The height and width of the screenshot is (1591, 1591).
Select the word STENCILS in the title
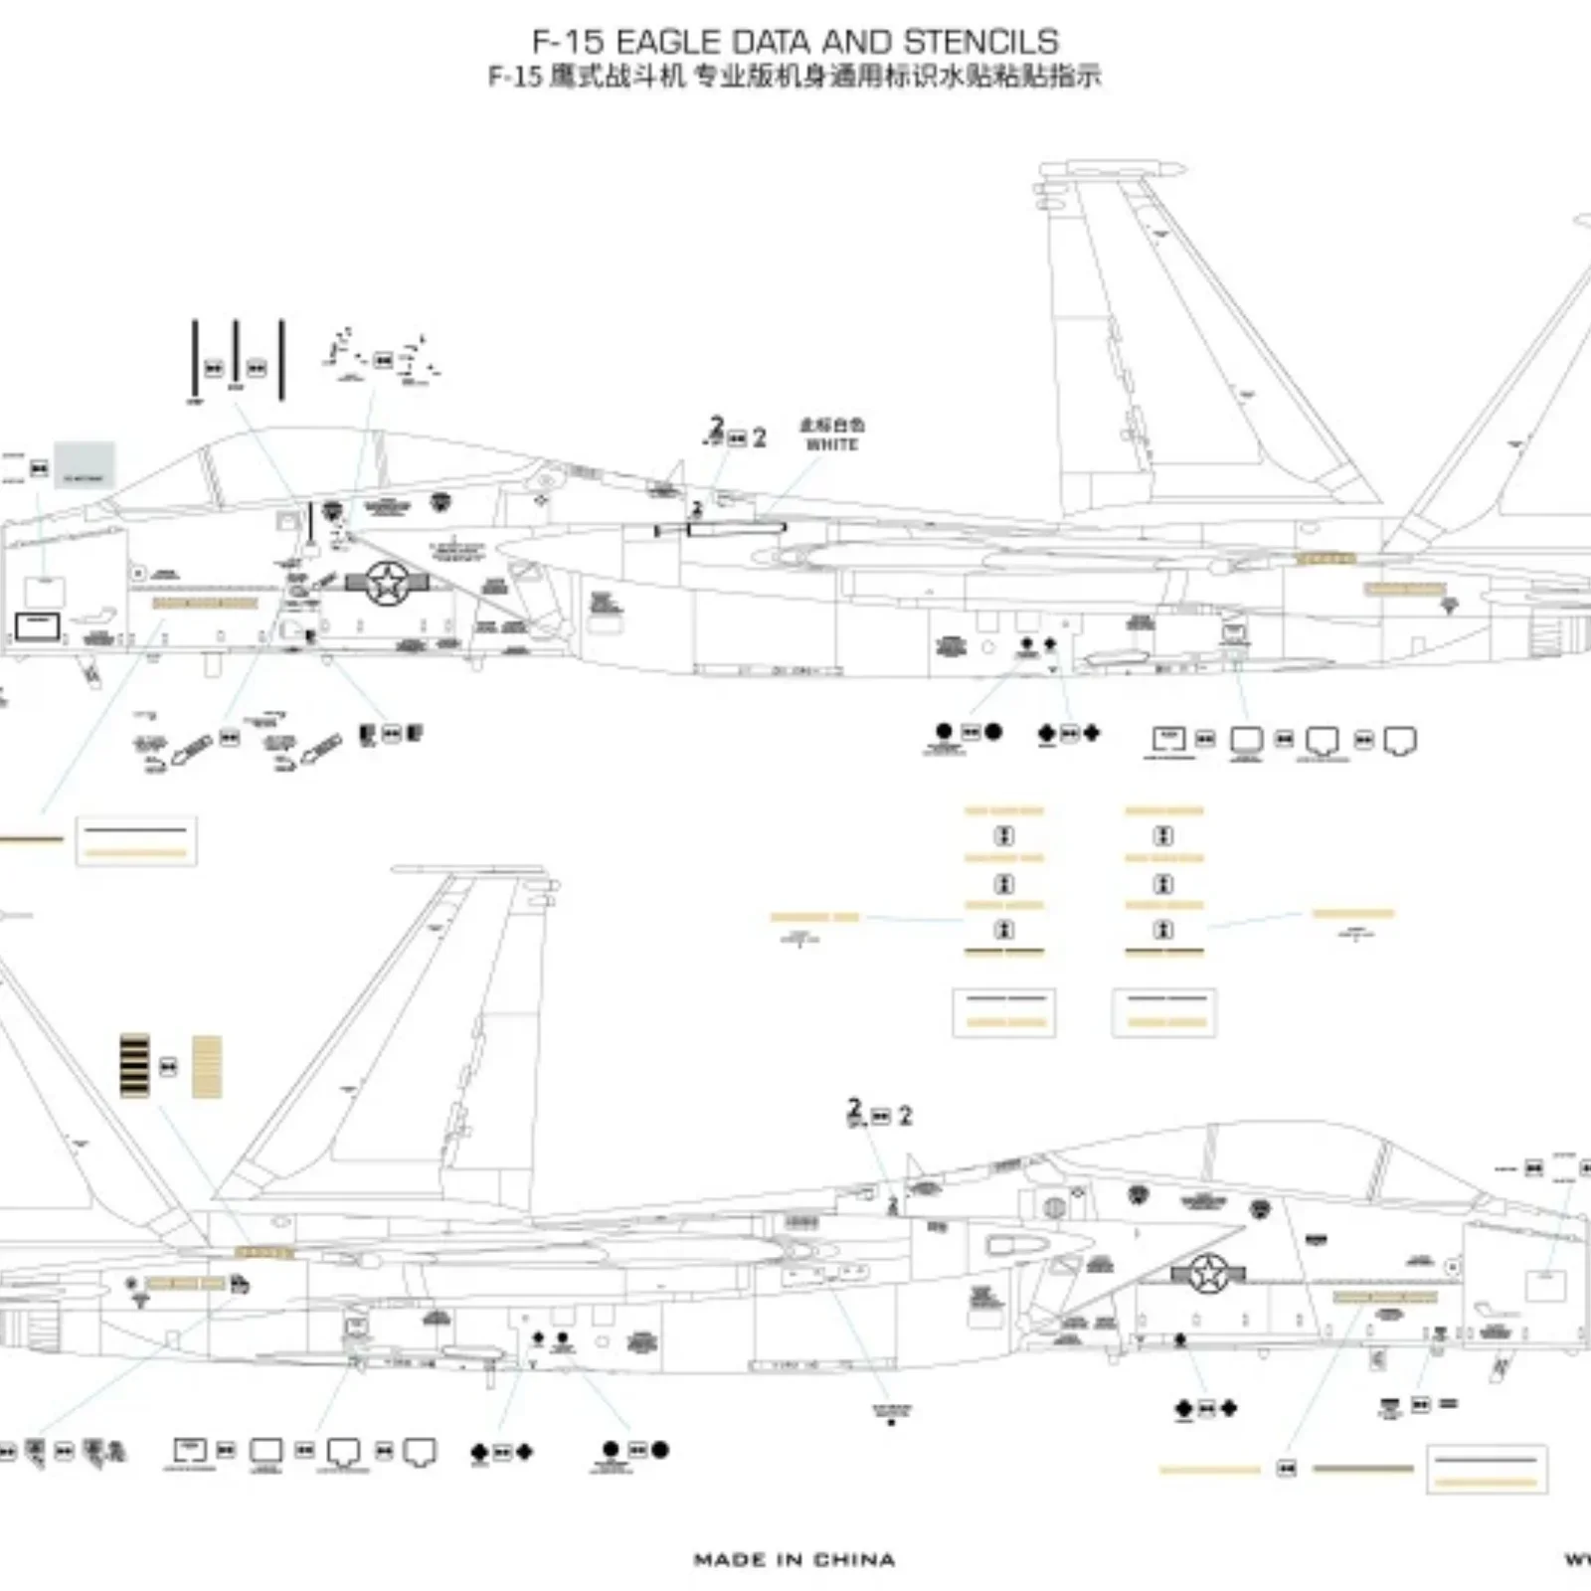980,42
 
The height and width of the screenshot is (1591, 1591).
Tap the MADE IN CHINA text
794,1559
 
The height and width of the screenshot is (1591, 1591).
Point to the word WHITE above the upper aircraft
831,444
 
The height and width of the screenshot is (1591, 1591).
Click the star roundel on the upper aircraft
387,583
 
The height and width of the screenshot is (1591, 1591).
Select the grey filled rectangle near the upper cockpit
85,465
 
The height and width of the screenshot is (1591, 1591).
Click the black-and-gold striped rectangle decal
135,1065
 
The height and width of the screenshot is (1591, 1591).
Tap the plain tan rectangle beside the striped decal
207,1067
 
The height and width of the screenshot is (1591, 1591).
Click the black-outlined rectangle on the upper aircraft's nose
38,626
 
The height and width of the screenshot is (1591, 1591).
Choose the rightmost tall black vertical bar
281,360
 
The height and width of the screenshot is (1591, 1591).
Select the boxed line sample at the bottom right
1487,1469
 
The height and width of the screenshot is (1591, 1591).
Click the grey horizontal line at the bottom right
1362,1469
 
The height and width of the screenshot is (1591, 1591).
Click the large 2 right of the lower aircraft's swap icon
905,1117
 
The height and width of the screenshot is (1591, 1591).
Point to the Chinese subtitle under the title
794,77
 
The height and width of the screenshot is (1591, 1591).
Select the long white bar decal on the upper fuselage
736,529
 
